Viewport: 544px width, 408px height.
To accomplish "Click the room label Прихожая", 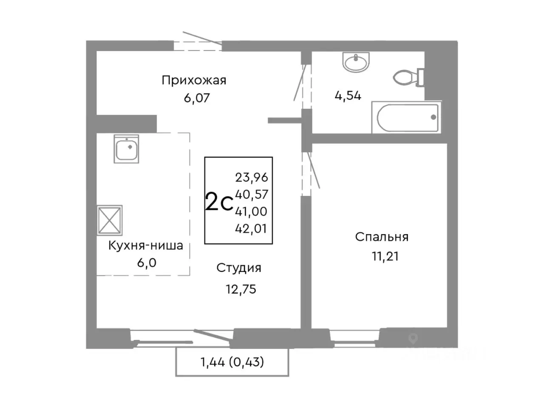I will tap(194, 80).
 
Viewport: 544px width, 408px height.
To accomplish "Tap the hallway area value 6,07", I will tap(197, 98).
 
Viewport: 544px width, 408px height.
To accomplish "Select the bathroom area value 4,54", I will tap(348, 96).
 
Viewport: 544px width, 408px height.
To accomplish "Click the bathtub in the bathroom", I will tap(406, 117).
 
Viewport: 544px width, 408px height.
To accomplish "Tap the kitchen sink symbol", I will tap(126, 149).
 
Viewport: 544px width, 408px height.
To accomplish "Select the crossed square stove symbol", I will tap(110, 220).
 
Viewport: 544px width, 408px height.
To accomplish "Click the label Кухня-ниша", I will tap(145, 245).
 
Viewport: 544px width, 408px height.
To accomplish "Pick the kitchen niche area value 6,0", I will tap(146, 263).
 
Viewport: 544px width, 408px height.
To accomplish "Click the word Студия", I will tap(238, 268).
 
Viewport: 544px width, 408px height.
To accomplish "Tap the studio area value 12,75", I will tap(241, 289).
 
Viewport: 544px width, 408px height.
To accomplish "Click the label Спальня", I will tap(382, 237).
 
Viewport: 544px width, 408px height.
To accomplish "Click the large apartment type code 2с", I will tap(219, 202).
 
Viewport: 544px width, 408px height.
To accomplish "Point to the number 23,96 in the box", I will tap(252, 177).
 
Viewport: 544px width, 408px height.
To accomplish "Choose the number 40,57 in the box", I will tap(252, 194).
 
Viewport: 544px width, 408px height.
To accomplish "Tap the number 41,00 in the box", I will tap(251, 211).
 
